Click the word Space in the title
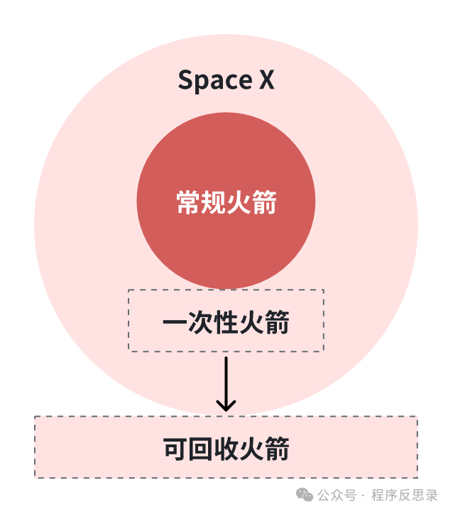[x=209, y=80]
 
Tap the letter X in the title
[x=266, y=80]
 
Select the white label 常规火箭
[x=226, y=203]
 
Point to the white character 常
[x=188, y=203]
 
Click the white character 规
[x=213, y=203]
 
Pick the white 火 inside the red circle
[x=239, y=203]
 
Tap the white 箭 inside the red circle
[x=264, y=203]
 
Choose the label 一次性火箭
[x=226, y=323]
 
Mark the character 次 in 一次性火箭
[x=200, y=323]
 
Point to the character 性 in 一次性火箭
[x=226, y=323]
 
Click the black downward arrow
[x=226, y=383]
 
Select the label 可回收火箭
[x=226, y=449]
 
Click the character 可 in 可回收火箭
[x=175, y=449]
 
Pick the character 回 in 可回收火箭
[x=200, y=449]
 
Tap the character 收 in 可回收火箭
[x=226, y=449]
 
